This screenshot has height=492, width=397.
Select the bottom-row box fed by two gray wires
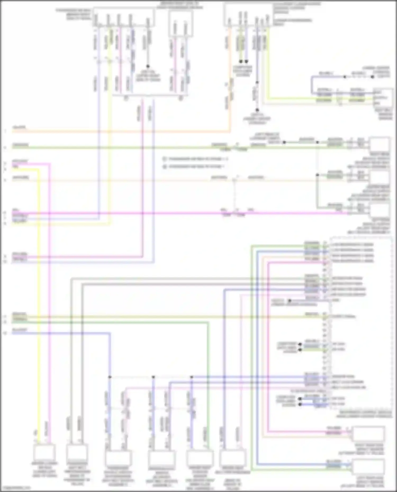[77, 453]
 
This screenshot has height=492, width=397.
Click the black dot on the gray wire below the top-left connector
[148, 66]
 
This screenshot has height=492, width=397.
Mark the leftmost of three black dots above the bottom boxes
[110, 377]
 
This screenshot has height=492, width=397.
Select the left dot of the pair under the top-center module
[241, 61]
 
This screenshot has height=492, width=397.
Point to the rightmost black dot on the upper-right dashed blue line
[372, 77]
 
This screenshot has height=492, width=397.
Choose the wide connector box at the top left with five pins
[124, 17]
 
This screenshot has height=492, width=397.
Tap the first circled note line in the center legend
[196, 159]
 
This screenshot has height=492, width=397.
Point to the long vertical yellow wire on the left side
[39, 291]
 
